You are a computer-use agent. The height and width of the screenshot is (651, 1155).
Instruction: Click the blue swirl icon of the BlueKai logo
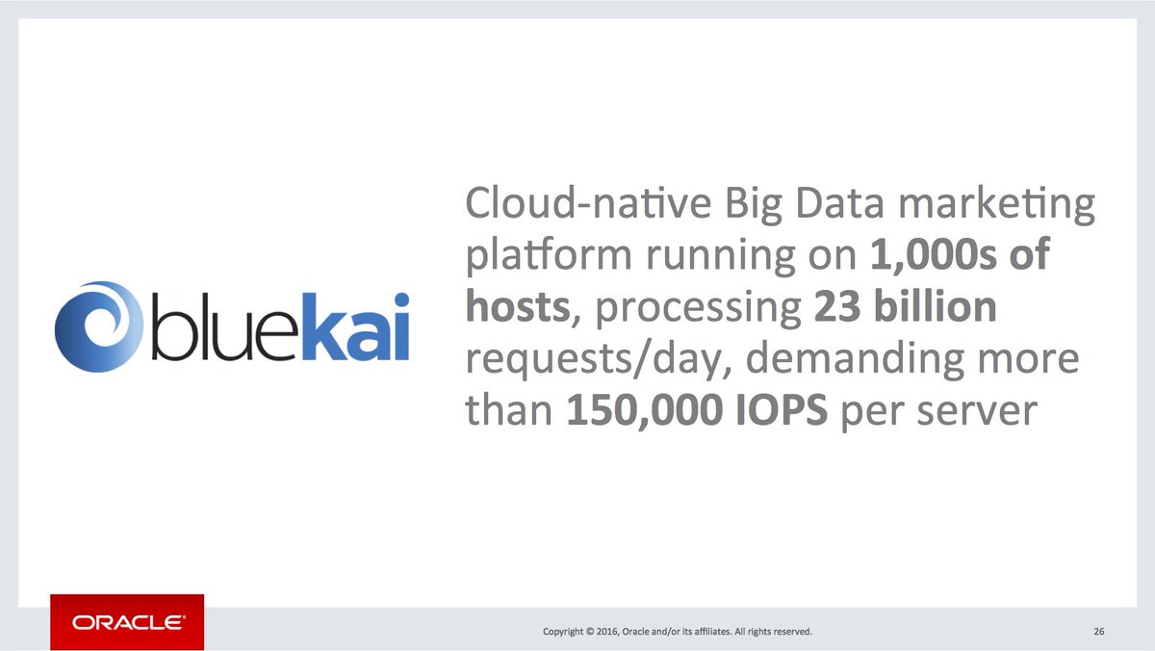pos(94,325)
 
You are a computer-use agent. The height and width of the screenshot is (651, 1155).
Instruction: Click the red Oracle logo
pos(127,622)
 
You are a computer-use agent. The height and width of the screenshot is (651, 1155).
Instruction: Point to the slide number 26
pos(1098,632)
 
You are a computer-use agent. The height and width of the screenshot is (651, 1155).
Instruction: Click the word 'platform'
pos(547,257)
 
